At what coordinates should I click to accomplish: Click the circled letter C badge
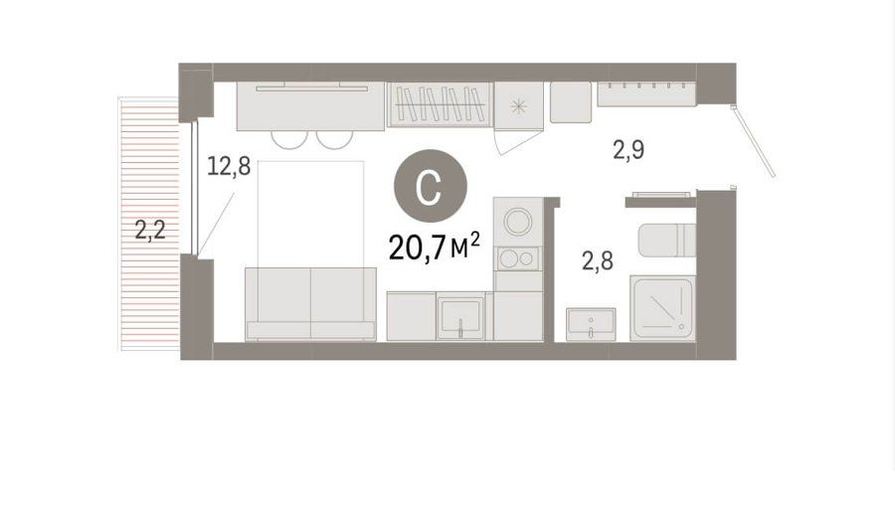click(431, 186)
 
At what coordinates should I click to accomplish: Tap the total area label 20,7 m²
click(434, 248)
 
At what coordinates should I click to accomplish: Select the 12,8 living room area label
click(229, 166)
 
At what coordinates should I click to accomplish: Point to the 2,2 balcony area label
click(150, 230)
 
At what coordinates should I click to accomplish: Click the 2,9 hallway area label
click(628, 150)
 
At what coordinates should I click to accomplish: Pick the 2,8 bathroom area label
click(598, 260)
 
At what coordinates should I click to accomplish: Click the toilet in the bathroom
click(666, 241)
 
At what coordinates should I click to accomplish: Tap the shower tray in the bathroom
click(662, 308)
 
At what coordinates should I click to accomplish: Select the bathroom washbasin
click(591, 324)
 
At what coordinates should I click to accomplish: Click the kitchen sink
click(460, 318)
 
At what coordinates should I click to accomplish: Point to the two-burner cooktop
click(518, 258)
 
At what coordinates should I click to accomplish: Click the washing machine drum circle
click(518, 222)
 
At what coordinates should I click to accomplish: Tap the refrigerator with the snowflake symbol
click(518, 105)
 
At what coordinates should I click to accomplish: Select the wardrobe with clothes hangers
click(440, 104)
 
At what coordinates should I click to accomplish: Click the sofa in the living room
click(310, 304)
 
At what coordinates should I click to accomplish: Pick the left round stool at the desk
click(289, 139)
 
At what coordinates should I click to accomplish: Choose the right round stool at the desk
click(335, 139)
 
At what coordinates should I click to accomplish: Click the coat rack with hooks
click(646, 94)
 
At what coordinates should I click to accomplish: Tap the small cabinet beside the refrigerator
click(571, 102)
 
